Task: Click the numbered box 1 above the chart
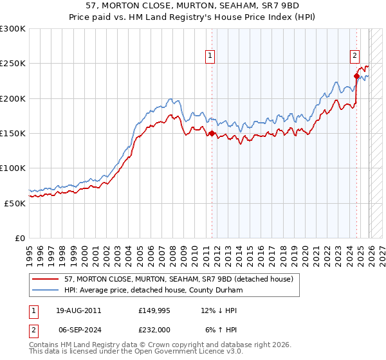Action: pyautogui.click(x=211, y=56)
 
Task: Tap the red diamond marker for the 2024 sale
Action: pyautogui.click(x=356, y=76)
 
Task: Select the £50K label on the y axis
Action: pyautogui.click(x=15, y=203)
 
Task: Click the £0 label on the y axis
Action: pyautogui.click(x=20, y=238)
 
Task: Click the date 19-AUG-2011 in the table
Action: pyautogui.click(x=75, y=310)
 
